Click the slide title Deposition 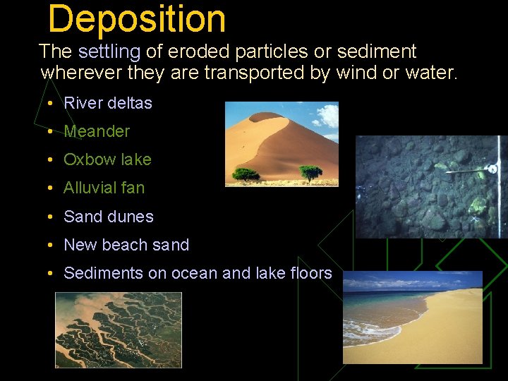(x=137, y=19)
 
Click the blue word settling (x=109, y=52)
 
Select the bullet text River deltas (x=108, y=103)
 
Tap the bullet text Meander (x=97, y=131)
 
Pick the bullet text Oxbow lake (x=107, y=159)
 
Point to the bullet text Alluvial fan (x=104, y=188)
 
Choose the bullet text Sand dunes (x=108, y=217)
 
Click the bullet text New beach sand (x=126, y=245)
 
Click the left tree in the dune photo (x=246, y=173)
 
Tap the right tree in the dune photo (x=310, y=171)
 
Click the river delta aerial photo (x=119, y=329)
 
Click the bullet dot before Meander (x=52, y=132)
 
